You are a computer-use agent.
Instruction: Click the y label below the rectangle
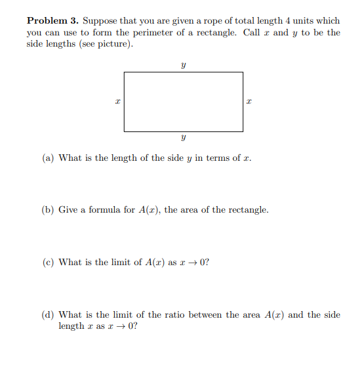tap(184, 139)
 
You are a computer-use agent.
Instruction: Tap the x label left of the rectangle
tap(117, 102)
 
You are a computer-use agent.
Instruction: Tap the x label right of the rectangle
tap(249, 102)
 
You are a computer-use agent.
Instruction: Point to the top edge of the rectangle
tap(184, 72)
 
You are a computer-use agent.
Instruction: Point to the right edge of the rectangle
tap(243, 102)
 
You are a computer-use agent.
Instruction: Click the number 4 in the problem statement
tap(287, 21)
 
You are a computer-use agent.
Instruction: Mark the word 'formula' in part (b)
tap(104, 210)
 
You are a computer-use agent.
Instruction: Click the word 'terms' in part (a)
tap(217, 158)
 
